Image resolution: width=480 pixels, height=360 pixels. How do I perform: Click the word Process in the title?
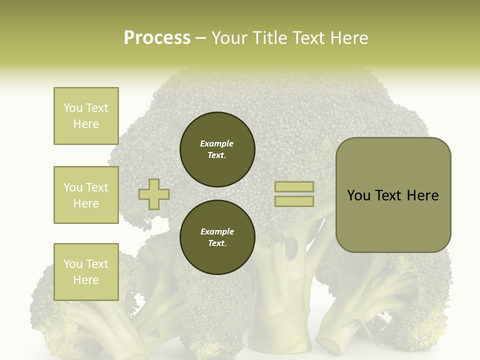point(157,38)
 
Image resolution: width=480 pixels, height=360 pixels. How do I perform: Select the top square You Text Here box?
point(86,116)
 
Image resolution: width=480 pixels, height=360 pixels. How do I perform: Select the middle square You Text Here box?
point(86,195)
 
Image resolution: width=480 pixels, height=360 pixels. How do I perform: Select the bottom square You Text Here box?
point(86,271)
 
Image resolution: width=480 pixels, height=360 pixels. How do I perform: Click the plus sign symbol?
point(154,194)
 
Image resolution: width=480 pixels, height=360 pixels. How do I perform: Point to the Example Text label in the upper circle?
point(217,149)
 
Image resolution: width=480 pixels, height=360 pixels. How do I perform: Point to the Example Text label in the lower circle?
point(217,237)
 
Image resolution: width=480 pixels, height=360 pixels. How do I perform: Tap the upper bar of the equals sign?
point(294,186)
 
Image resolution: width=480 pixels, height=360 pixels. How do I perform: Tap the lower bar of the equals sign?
point(294,201)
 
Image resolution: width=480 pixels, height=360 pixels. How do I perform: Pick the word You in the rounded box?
point(358,195)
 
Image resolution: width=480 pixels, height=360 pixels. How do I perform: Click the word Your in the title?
point(230,38)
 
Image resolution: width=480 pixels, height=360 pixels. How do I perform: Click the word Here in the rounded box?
point(422,195)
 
